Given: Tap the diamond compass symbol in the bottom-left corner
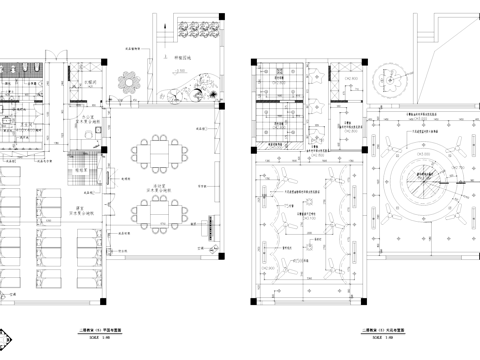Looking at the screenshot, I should [x=9, y=340].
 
